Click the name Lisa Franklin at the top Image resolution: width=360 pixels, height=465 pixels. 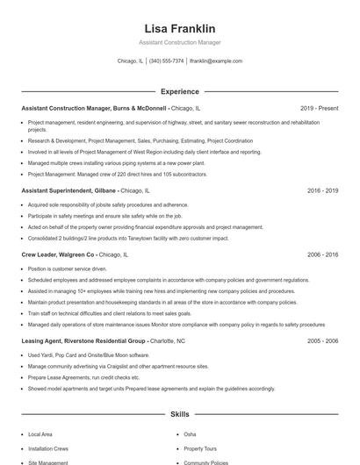179,28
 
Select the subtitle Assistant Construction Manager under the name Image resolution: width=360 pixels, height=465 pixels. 179,42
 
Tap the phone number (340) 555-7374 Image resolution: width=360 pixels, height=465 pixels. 167,61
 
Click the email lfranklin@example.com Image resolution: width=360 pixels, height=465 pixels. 216,61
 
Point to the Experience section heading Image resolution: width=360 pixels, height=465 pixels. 179,91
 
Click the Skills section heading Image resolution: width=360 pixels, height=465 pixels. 179,413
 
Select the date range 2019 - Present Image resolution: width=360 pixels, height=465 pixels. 319,108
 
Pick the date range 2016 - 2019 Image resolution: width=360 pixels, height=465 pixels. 322,190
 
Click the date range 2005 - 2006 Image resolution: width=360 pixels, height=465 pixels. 322,340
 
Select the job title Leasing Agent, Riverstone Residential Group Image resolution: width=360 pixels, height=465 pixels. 83,340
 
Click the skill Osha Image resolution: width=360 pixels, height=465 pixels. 190,433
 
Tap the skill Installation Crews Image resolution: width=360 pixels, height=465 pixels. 48,447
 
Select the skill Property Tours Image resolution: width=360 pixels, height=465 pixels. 199,447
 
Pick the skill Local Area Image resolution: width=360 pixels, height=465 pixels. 40,433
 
